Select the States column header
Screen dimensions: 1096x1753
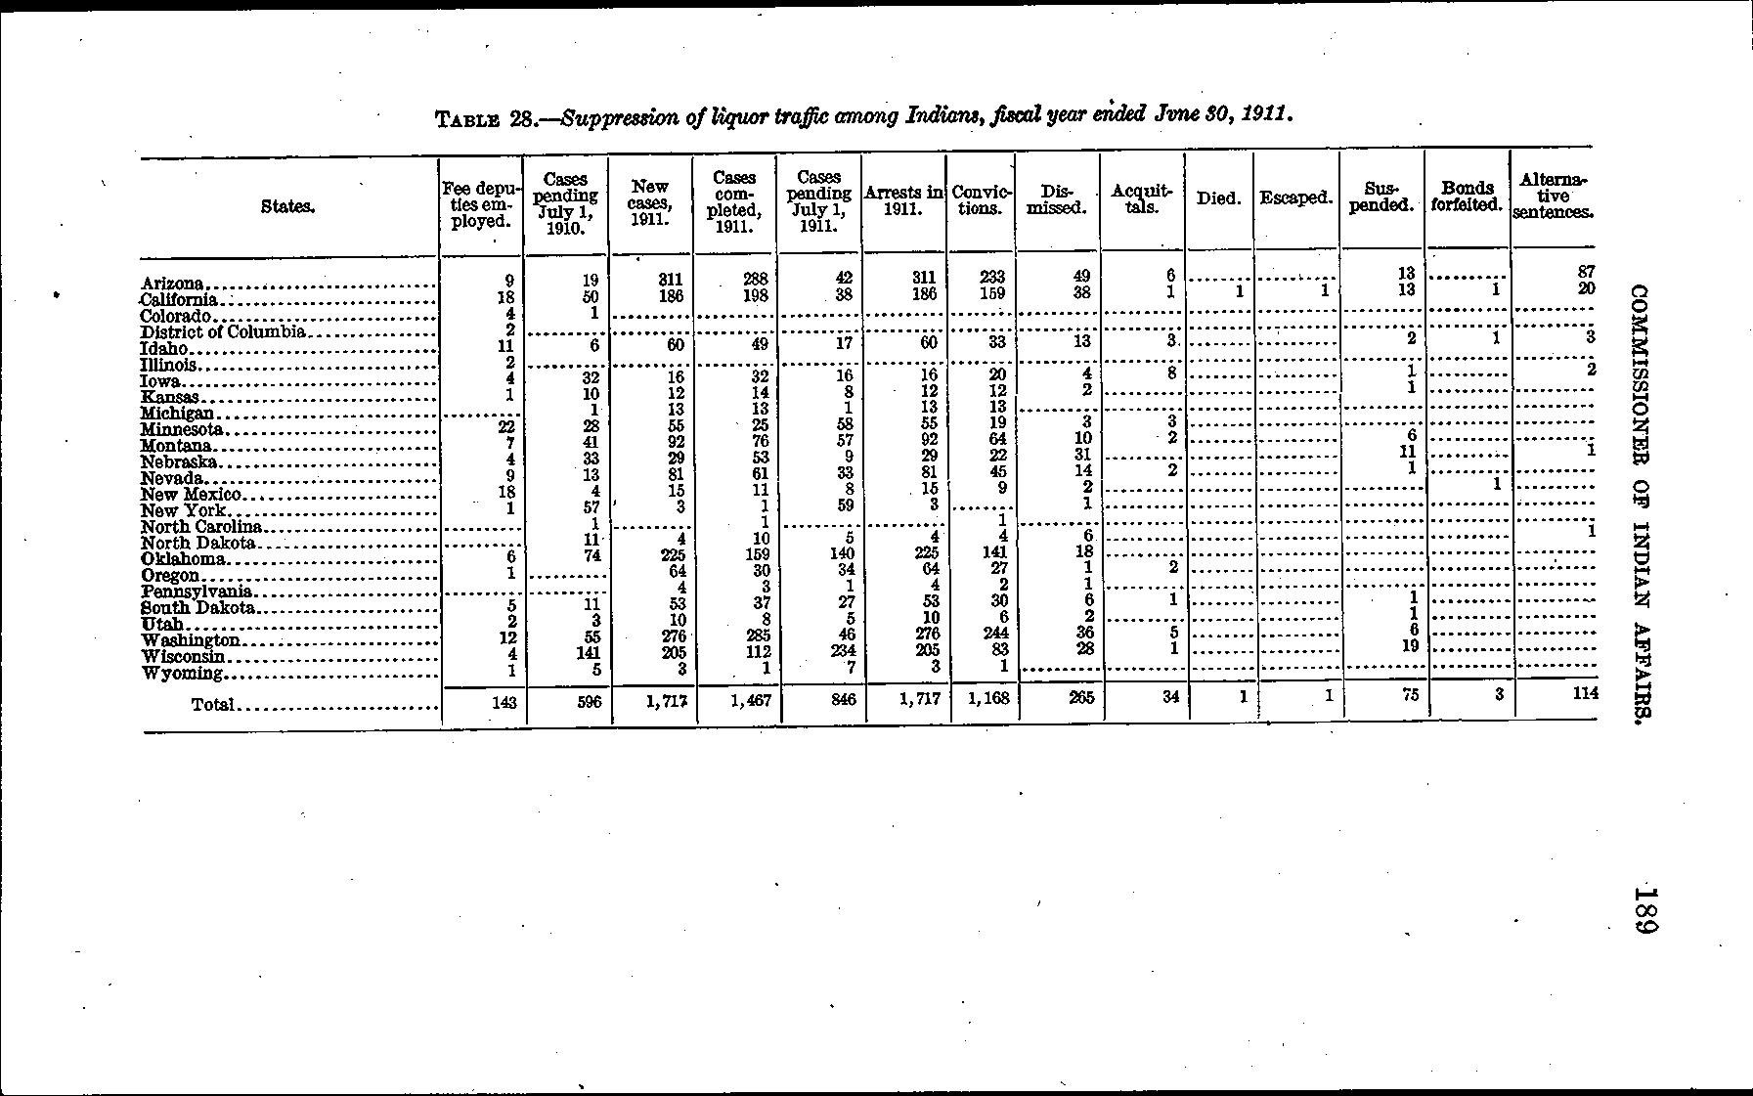[x=287, y=206]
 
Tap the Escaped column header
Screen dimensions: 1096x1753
[x=1296, y=198]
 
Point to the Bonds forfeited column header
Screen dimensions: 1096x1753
[x=1467, y=197]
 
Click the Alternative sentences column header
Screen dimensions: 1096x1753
[x=1553, y=196]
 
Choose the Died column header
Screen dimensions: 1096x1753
[x=1218, y=198]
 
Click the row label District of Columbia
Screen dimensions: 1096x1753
[x=224, y=331]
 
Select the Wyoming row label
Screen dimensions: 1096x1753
[x=184, y=673]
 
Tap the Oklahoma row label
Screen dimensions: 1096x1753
[x=185, y=559]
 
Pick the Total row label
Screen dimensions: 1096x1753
[x=213, y=703]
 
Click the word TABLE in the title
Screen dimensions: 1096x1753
[x=469, y=120]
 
